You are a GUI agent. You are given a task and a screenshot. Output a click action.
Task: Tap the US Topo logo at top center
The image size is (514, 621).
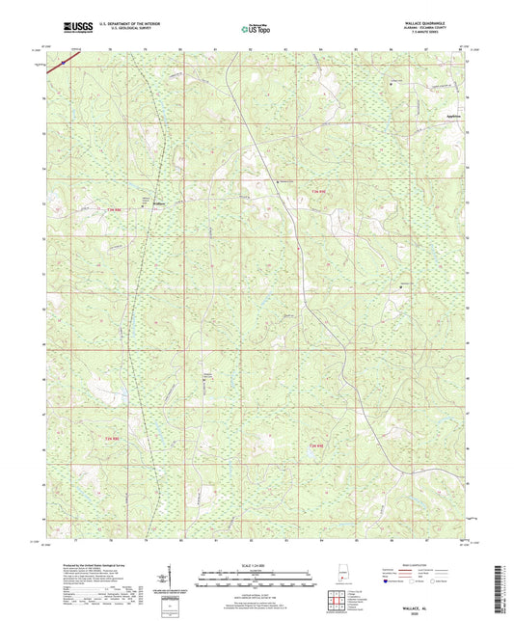[x=255, y=30]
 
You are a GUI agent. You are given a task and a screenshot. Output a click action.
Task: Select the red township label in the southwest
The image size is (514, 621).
[x=113, y=440]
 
